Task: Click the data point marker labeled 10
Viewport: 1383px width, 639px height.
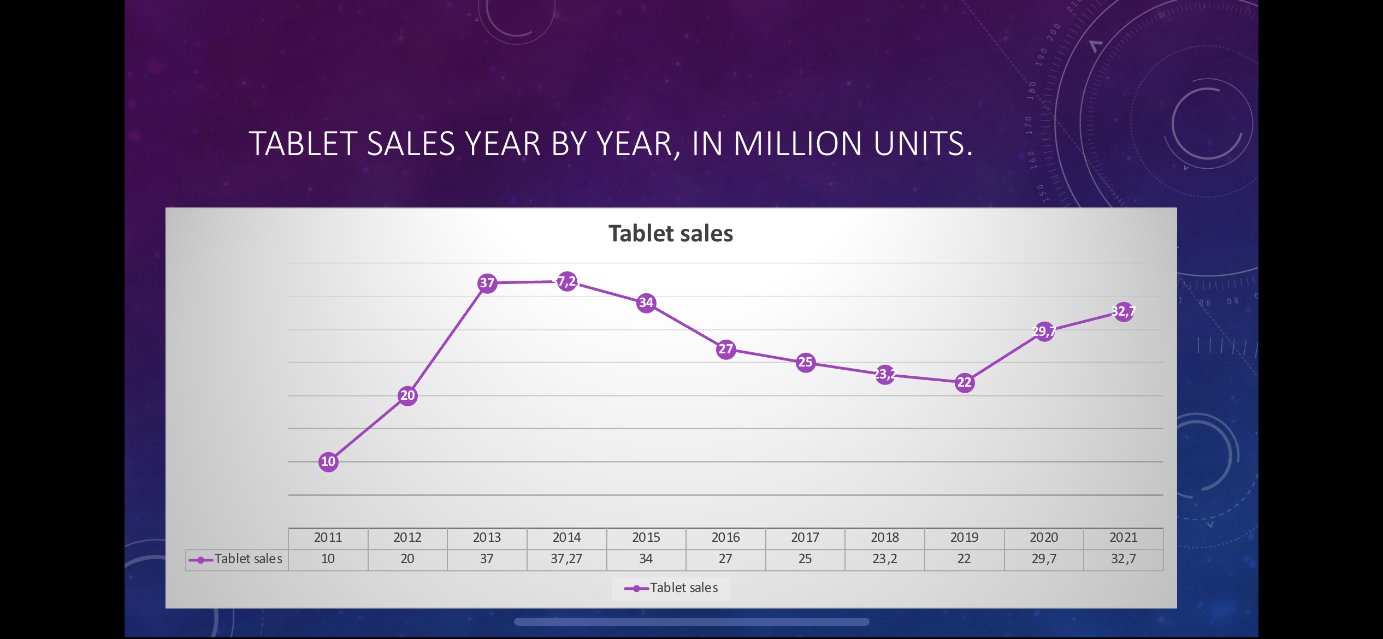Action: [x=328, y=462]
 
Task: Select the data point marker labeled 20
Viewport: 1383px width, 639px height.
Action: [x=407, y=395]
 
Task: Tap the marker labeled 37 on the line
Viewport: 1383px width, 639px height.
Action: [x=487, y=283]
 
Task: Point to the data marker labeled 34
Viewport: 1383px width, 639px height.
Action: [x=646, y=303]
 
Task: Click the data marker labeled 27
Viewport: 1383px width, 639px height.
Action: [x=726, y=350]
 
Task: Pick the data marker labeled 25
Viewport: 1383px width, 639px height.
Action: [x=806, y=362]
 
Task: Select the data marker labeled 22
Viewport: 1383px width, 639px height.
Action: [x=965, y=382]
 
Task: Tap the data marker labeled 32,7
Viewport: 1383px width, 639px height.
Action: [x=1124, y=312]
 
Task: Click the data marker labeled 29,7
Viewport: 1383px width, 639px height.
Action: [x=1044, y=332]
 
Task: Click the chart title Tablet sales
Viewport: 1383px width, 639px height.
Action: [x=671, y=234]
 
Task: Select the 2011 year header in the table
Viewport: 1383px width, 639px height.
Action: [x=328, y=538]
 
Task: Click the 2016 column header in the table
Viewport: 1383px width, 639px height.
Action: [x=725, y=538]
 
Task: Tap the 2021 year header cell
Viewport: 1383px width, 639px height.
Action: [x=1124, y=538]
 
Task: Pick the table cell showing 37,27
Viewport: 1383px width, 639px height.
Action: [x=566, y=559]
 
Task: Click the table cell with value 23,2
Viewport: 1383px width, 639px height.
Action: [x=885, y=559]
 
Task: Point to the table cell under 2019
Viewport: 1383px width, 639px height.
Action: [x=964, y=559]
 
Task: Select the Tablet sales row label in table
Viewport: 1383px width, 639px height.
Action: [x=248, y=559]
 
